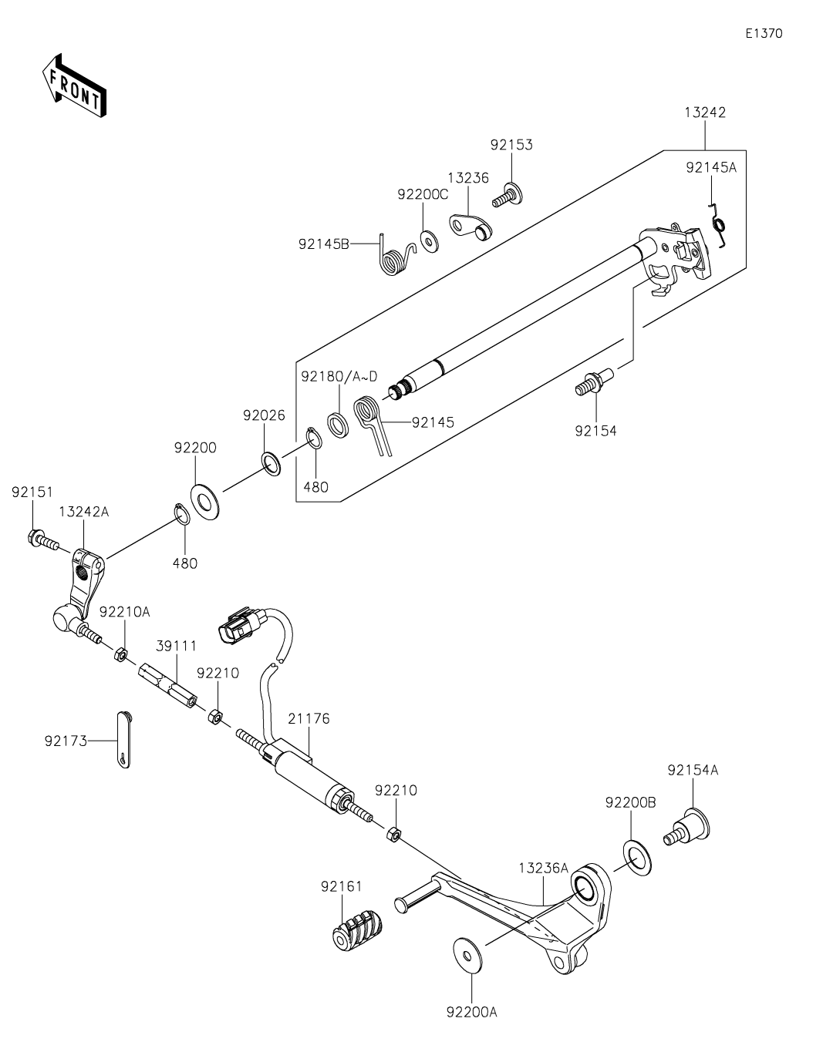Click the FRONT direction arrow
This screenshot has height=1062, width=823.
point(74,86)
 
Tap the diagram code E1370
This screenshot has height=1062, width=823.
point(764,33)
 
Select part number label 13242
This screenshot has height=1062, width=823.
point(705,113)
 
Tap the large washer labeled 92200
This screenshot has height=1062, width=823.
point(205,502)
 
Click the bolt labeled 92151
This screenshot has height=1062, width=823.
point(43,539)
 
